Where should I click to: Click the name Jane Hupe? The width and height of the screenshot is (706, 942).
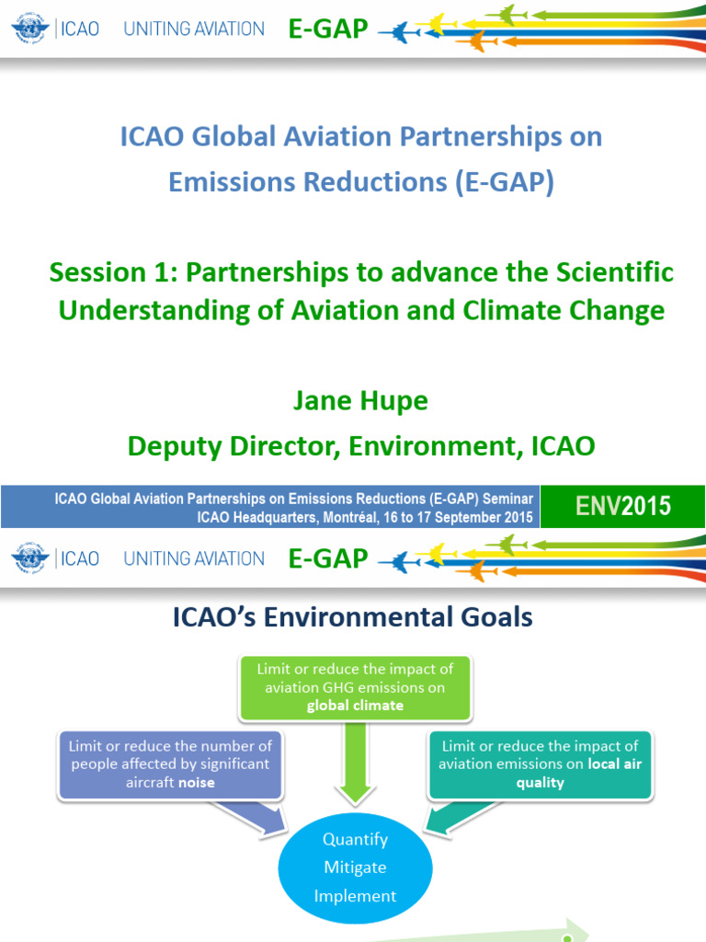click(x=360, y=401)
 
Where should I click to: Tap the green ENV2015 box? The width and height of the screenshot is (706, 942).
click(x=622, y=506)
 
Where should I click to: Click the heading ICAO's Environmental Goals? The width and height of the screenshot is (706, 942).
click(x=352, y=617)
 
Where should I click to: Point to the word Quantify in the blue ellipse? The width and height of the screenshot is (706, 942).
click(x=355, y=839)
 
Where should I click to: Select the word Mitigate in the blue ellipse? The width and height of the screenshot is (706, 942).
click(x=355, y=867)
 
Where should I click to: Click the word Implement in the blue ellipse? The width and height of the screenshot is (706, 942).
click(x=355, y=895)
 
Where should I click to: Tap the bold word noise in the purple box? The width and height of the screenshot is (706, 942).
click(x=196, y=782)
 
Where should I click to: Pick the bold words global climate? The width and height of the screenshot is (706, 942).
click(x=355, y=706)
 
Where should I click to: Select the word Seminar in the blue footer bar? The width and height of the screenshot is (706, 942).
click(x=506, y=499)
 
